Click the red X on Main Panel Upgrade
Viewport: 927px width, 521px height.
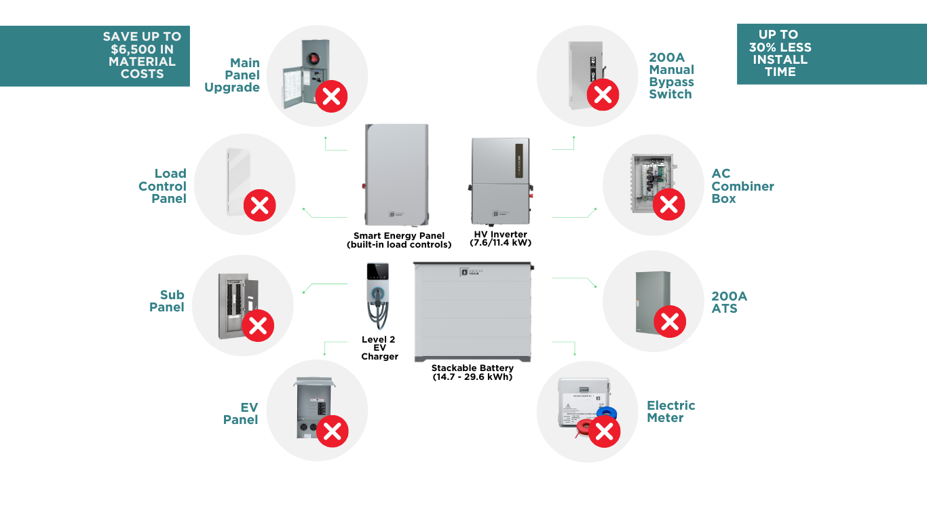pos(331,97)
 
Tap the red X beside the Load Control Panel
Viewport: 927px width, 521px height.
pos(259,205)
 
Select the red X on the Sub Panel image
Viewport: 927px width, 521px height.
pos(258,326)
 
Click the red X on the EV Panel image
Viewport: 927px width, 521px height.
pos(332,431)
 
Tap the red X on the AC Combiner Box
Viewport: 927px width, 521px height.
pos(668,204)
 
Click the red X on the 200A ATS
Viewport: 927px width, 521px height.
pos(670,322)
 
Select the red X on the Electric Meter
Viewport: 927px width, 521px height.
pos(604,431)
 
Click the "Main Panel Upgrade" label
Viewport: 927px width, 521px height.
pos(232,75)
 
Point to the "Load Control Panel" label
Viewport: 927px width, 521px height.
pos(163,186)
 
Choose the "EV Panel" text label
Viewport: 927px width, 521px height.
pos(241,413)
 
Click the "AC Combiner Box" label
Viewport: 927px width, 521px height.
pos(742,186)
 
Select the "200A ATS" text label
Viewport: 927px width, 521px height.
pos(729,302)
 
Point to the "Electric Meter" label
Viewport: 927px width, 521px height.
pos(670,411)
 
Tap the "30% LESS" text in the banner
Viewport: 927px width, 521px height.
pos(780,47)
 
